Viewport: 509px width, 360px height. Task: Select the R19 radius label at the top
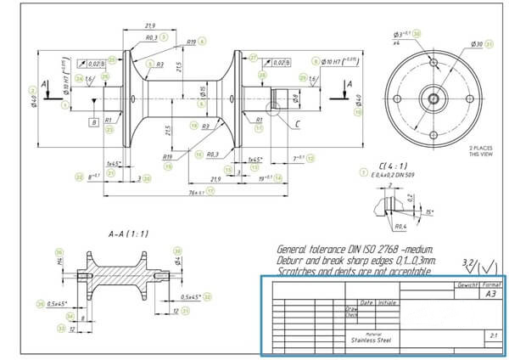[192, 42]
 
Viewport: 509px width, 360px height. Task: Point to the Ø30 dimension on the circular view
[478, 43]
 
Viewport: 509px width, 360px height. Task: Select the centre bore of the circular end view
[433, 98]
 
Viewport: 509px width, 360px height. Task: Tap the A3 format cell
[491, 294]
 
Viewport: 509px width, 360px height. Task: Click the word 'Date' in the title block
[366, 301]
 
